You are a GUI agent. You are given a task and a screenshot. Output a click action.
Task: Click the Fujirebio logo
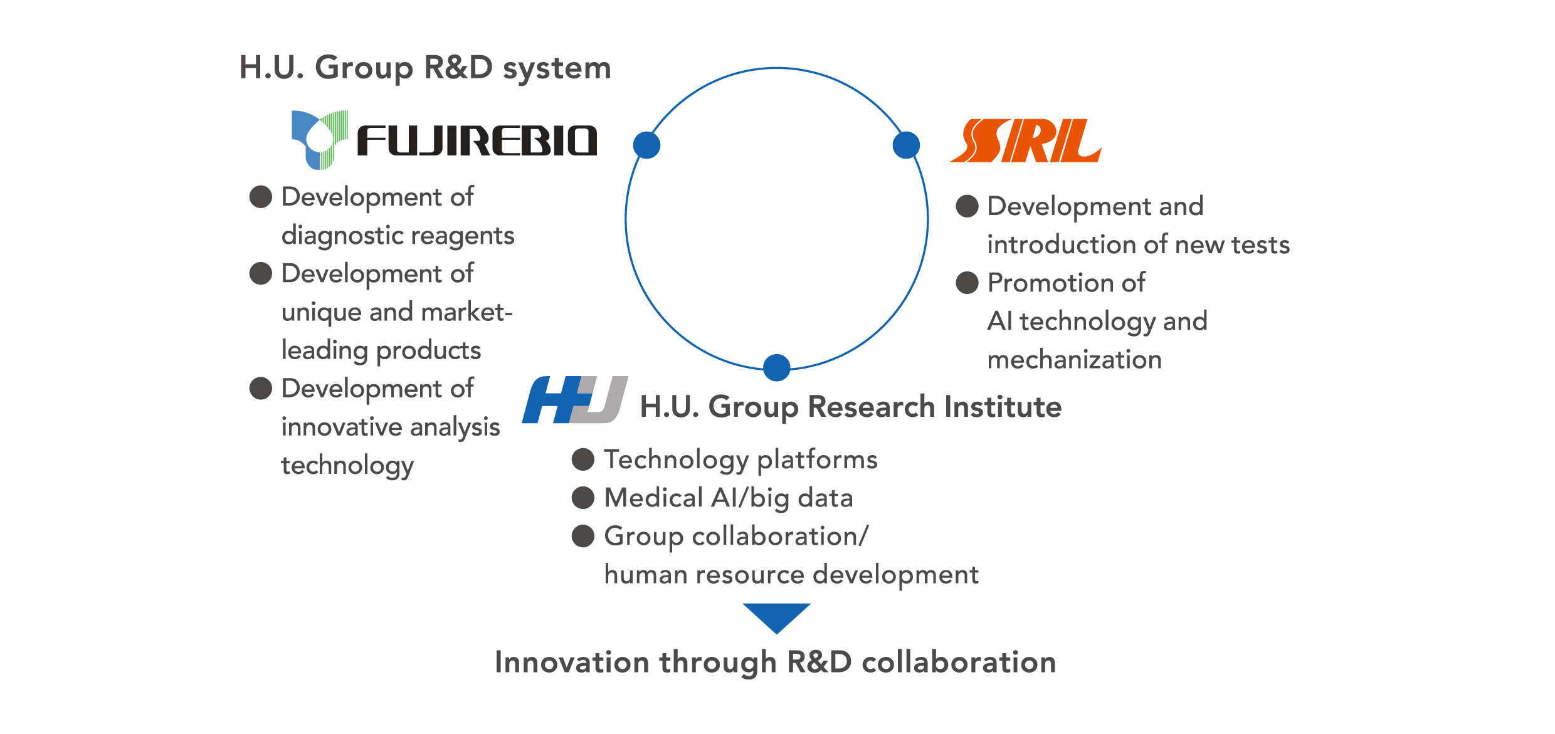point(444,140)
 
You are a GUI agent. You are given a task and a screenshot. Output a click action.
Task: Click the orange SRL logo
point(1025,140)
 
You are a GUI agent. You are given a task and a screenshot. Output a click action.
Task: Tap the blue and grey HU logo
point(574,400)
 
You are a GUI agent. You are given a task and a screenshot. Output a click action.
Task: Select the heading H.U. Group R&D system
point(425,68)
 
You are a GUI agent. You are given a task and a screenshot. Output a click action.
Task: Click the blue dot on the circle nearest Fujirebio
point(646,145)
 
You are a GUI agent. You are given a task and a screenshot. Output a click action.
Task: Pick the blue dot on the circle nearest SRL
point(906,145)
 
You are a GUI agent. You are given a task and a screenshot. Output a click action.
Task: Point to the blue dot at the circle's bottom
point(776,367)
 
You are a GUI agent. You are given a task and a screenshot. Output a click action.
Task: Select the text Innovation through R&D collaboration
point(775,663)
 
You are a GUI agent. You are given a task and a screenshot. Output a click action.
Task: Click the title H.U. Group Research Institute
point(850,407)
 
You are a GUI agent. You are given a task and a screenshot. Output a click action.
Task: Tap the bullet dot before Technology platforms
point(582,459)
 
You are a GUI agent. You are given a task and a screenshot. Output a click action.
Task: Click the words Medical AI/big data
point(728,498)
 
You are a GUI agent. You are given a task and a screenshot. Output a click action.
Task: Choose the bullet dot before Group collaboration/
point(582,537)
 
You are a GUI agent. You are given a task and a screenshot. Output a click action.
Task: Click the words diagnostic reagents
point(398,236)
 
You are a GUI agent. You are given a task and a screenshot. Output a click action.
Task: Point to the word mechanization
point(1074,360)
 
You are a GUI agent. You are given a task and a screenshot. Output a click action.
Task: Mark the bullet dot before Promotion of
point(967,283)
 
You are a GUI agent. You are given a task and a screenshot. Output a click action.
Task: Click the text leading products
point(381,350)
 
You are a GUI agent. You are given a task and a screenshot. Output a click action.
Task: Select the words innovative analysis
point(390,427)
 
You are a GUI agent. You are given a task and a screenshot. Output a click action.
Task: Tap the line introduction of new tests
point(1138,244)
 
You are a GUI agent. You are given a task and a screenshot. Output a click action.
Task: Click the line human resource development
point(791,575)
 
